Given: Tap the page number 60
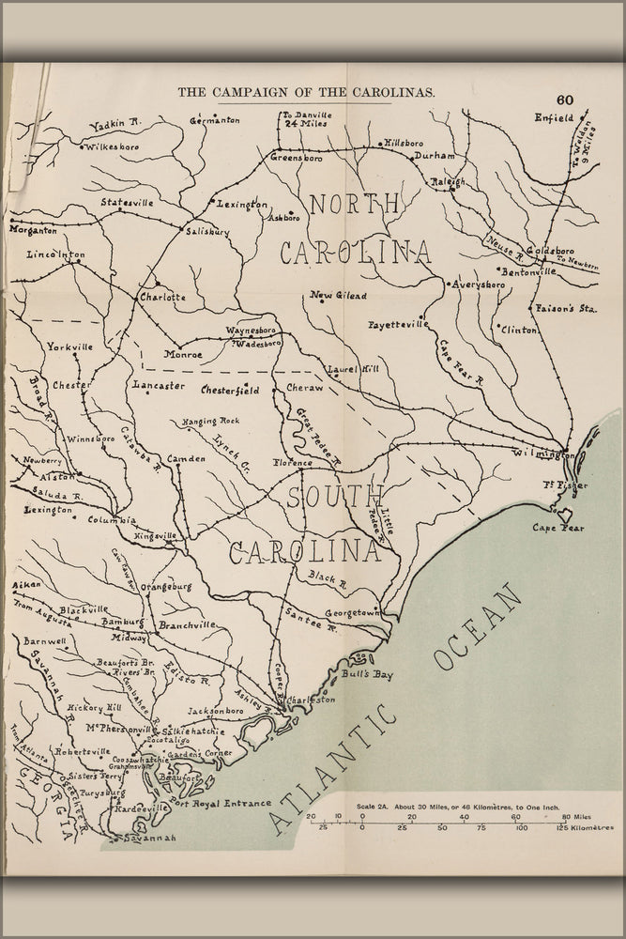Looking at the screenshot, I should pyautogui.click(x=564, y=100).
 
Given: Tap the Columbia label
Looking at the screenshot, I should pyautogui.click(x=113, y=519).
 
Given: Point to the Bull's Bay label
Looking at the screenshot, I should pyautogui.click(x=367, y=674).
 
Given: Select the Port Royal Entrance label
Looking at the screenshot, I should pyautogui.click(x=221, y=803).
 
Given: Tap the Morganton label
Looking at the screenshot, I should pyautogui.click(x=33, y=229).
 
